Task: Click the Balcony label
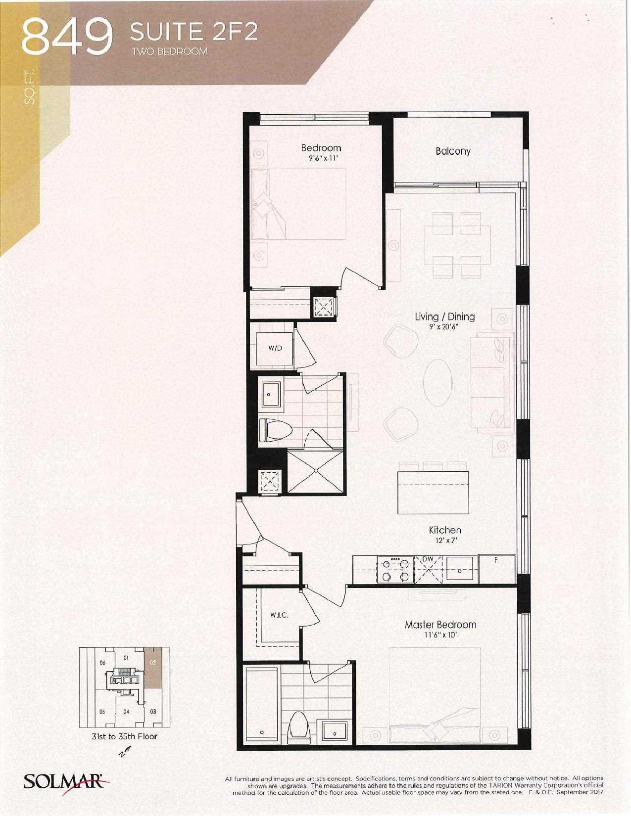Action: point(453,151)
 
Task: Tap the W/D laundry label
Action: point(275,349)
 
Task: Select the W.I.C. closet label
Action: point(279,615)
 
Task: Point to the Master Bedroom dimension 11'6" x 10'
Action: point(440,635)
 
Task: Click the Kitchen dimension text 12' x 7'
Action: point(445,541)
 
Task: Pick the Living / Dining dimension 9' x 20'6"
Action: point(444,326)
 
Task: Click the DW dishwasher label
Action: point(428,559)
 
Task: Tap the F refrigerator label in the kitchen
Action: point(496,560)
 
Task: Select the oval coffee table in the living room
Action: point(438,383)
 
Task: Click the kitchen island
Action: point(434,492)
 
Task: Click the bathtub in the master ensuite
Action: point(262,704)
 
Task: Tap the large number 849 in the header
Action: point(68,37)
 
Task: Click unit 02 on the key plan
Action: point(153,666)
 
